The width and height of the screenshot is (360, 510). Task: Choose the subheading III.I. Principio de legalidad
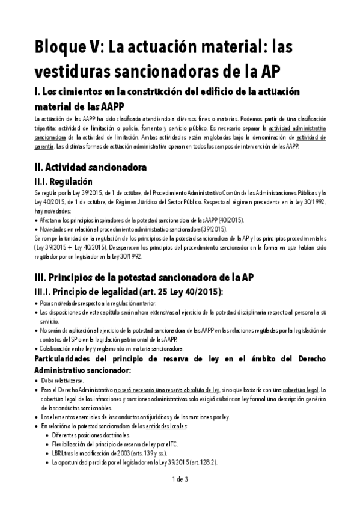click(128, 292)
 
